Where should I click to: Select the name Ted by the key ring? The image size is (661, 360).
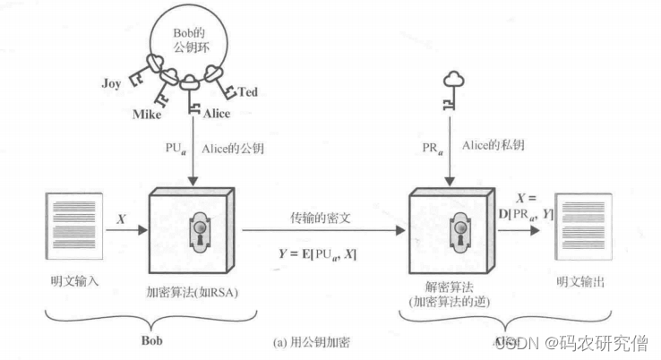(248, 90)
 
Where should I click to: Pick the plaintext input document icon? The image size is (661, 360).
(66, 229)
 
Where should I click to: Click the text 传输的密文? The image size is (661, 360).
(318, 218)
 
